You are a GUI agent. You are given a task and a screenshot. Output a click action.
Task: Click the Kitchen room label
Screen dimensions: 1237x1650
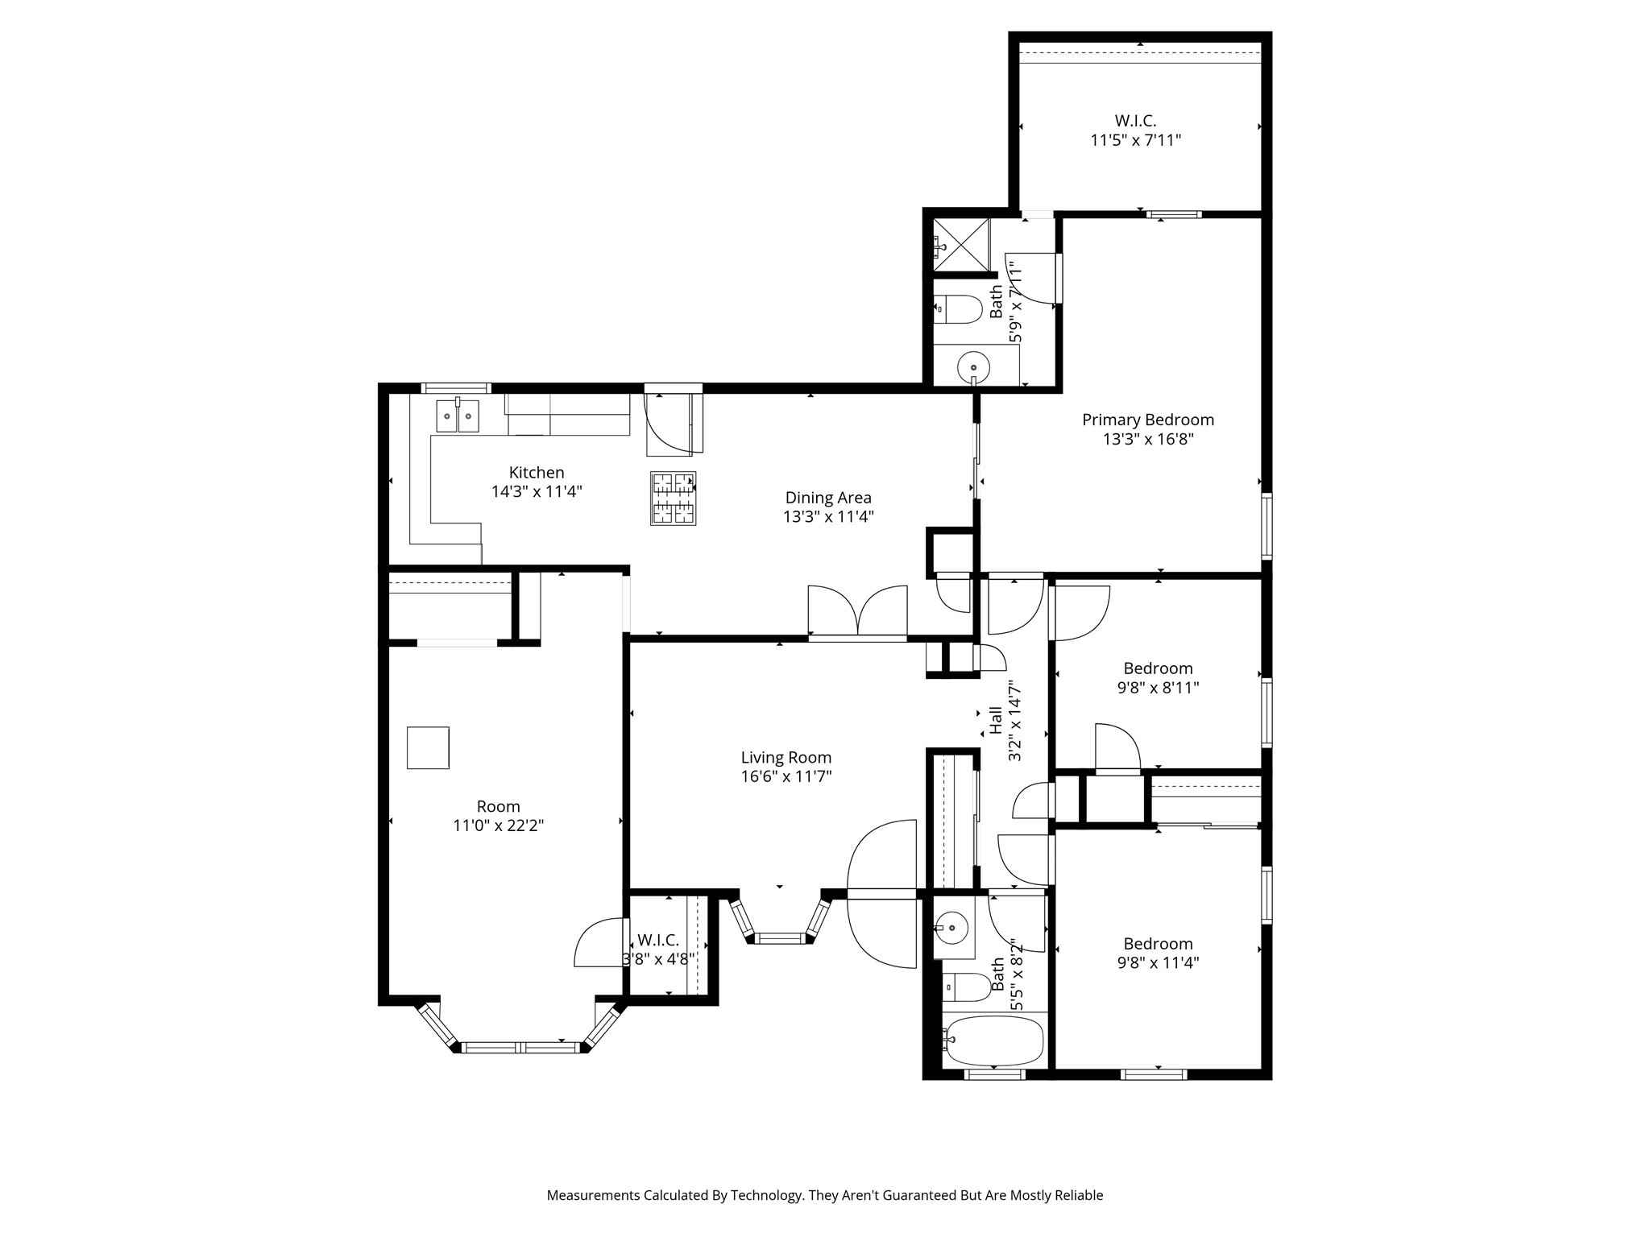click(x=536, y=473)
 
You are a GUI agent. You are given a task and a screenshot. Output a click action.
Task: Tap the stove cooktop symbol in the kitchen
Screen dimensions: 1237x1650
click(x=673, y=499)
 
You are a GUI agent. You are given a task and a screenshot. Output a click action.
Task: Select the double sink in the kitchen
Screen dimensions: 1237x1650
click(x=457, y=416)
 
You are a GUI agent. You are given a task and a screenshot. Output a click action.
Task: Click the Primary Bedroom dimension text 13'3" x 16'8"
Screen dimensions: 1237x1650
click(x=1147, y=440)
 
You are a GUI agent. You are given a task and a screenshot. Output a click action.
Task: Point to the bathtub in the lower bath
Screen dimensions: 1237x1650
click(x=995, y=1040)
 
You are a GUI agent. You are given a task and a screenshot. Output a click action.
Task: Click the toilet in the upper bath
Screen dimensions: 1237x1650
click(x=957, y=309)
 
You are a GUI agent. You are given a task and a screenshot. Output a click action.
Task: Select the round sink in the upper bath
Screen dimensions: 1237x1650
click(x=973, y=369)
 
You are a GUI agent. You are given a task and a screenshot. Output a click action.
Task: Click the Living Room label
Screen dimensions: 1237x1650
click(x=786, y=758)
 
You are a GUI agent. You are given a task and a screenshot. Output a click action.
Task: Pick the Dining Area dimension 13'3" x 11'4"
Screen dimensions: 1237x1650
click(x=828, y=517)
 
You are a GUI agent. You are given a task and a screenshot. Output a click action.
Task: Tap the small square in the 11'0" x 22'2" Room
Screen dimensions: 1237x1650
click(x=427, y=748)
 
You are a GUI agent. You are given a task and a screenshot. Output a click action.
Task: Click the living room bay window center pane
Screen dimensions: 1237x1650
click(x=780, y=937)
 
